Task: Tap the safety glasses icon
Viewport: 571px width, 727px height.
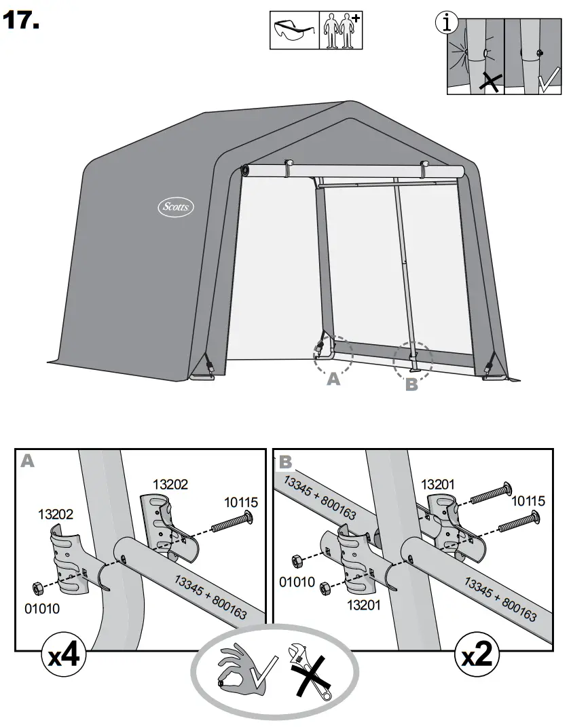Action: [x=294, y=31]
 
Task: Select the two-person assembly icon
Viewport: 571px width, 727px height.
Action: [x=342, y=31]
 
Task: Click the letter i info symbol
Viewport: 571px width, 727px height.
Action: [x=445, y=24]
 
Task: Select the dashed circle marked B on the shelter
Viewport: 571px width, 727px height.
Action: [x=412, y=361]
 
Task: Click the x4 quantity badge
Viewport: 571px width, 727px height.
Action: [x=62, y=656]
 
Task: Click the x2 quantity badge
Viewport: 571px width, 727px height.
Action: [x=477, y=656]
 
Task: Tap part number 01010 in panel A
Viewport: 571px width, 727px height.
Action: [x=42, y=609]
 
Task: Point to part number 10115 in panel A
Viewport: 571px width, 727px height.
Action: [x=241, y=502]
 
